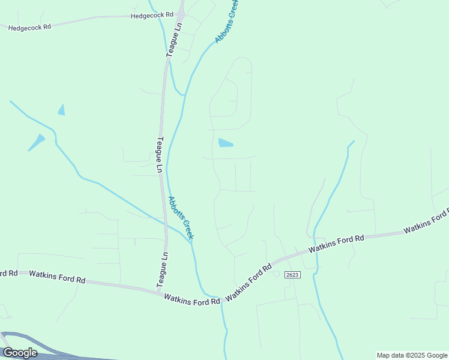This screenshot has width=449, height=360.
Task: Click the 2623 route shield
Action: pyautogui.click(x=292, y=274)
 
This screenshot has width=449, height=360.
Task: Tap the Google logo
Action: pyautogui.click(x=20, y=353)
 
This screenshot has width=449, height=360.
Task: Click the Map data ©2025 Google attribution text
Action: pyautogui.click(x=412, y=355)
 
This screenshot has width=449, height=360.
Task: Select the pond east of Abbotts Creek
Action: pyautogui.click(x=225, y=143)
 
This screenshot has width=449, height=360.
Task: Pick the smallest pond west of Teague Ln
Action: pyautogui.click(x=61, y=110)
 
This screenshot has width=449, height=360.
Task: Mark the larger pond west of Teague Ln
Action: pyautogui.click(x=37, y=142)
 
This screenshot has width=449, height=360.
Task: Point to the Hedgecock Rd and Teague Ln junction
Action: pyautogui.click(x=180, y=15)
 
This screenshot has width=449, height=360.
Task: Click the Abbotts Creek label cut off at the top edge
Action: pyautogui.click(x=227, y=21)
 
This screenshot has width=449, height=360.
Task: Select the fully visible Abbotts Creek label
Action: pyautogui.click(x=181, y=218)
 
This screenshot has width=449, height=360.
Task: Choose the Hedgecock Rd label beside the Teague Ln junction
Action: pyautogui.click(x=151, y=15)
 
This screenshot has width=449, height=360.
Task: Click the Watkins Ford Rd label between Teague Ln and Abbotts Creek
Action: pyautogui.click(x=192, y=299)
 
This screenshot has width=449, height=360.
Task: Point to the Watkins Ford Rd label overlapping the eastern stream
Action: pyautogui.click(x=336, y=245)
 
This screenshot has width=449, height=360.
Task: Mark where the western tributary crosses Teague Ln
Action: pyautogui.click(x=164, y=224)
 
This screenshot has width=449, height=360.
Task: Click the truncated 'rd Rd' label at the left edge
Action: pyautogui.click(x=8, y=273)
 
